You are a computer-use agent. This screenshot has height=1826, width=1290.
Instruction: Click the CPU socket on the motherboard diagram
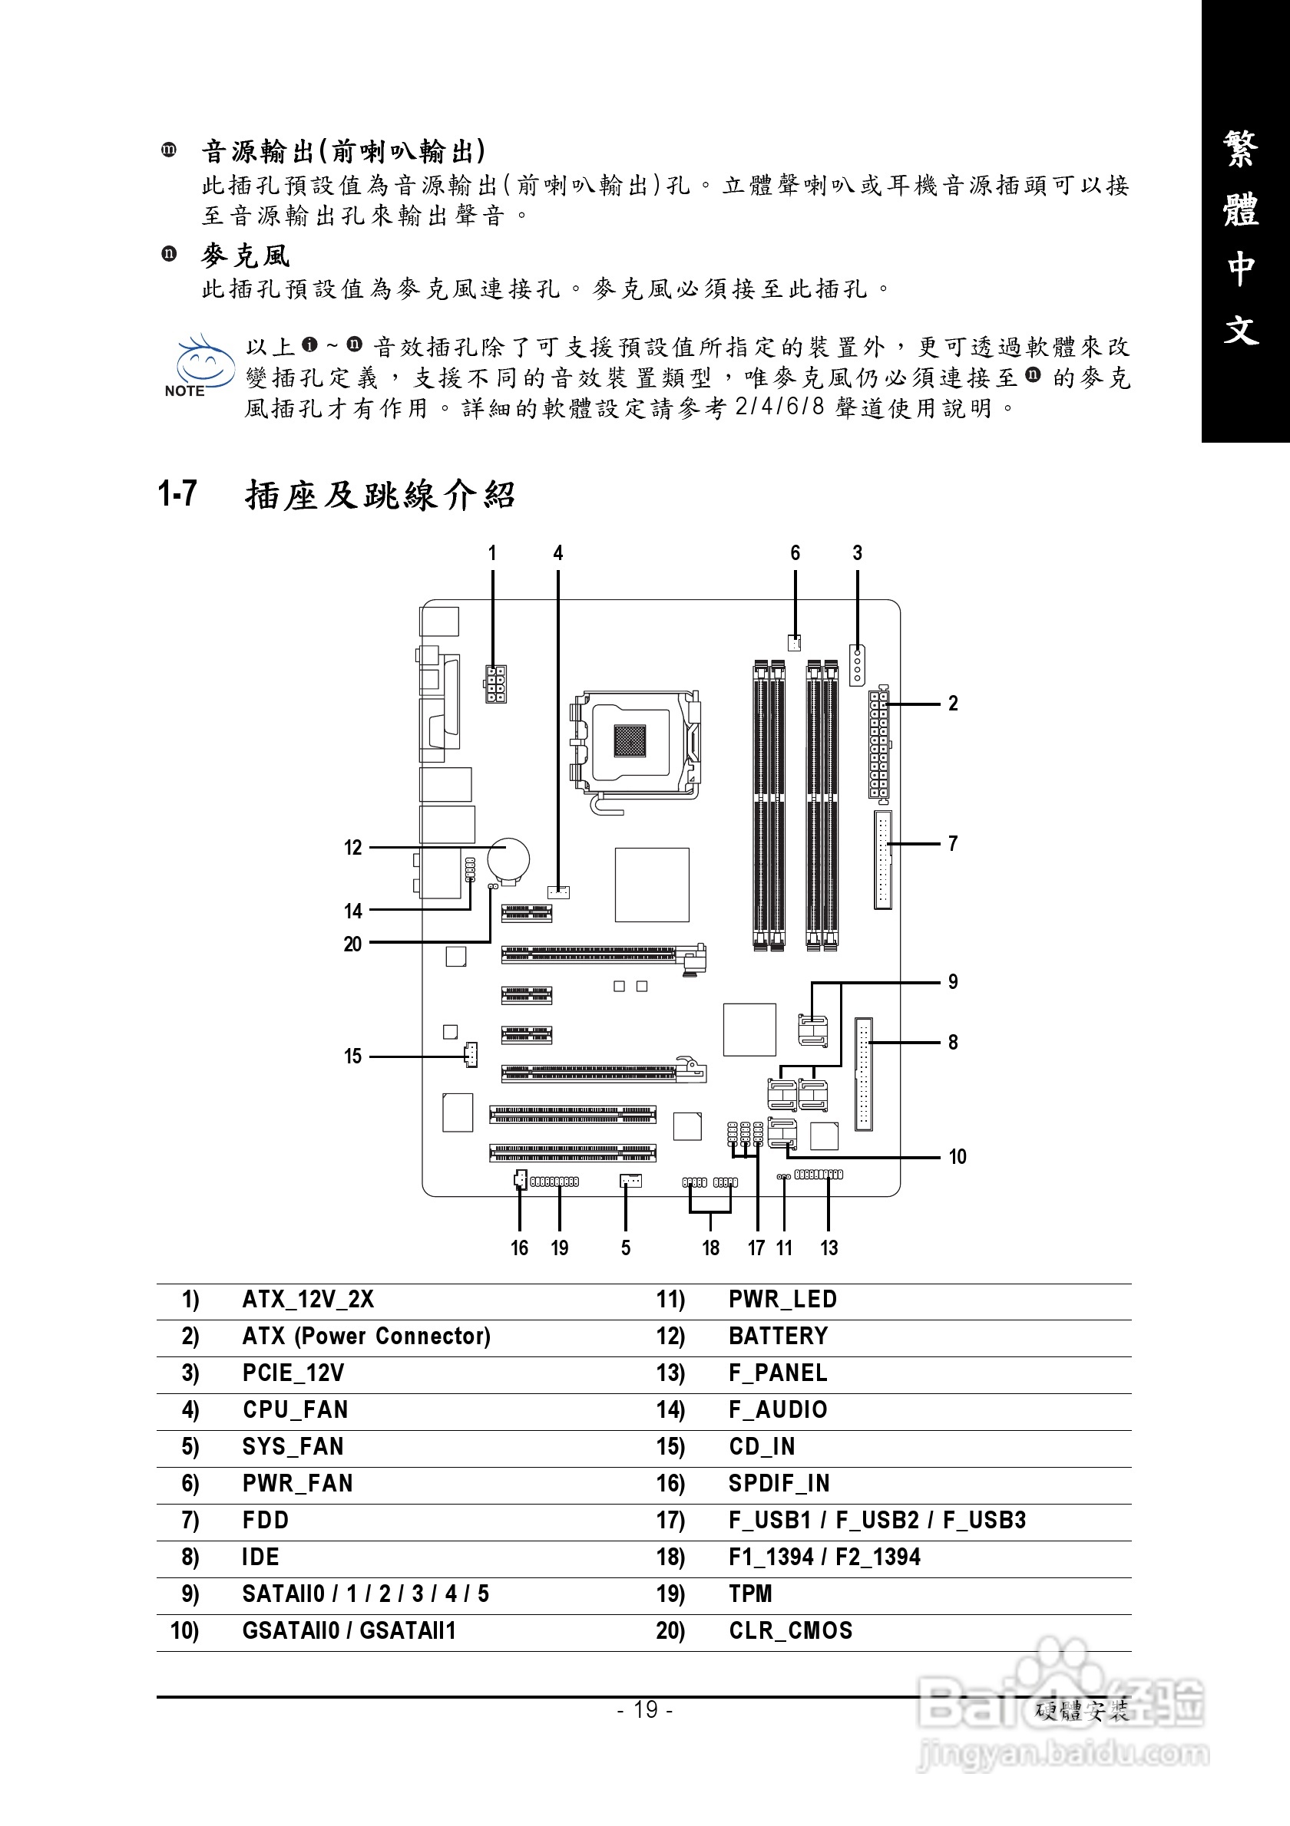point(637,744)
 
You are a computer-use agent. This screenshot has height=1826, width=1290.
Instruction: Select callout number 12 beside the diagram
point(352,848)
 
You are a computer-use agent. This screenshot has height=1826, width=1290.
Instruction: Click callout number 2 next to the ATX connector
point(953,703)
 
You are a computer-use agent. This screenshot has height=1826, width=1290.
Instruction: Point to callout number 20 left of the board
point(352,944)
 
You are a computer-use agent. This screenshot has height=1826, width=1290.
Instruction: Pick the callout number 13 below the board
point(829,1247)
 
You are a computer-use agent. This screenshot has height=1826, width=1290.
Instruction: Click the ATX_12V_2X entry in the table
point(308,1299)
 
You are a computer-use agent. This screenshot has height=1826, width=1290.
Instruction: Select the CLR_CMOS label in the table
point(790,1630)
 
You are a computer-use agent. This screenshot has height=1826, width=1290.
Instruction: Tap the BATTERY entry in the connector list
point(779,1335)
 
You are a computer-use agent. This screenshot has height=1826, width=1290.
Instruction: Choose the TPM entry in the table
point(750,1593)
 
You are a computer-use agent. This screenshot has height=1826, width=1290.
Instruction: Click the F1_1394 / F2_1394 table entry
point(825,1557)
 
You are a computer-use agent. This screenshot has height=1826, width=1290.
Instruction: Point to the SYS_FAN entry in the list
point(293,1446)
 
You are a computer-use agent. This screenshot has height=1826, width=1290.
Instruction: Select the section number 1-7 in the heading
point(177,494)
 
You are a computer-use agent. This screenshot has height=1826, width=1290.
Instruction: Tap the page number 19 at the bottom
point(646,1709)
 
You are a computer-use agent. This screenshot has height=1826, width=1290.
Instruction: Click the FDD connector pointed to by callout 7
point(882,860)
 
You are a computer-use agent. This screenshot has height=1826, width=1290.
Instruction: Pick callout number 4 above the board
point(558,552)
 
